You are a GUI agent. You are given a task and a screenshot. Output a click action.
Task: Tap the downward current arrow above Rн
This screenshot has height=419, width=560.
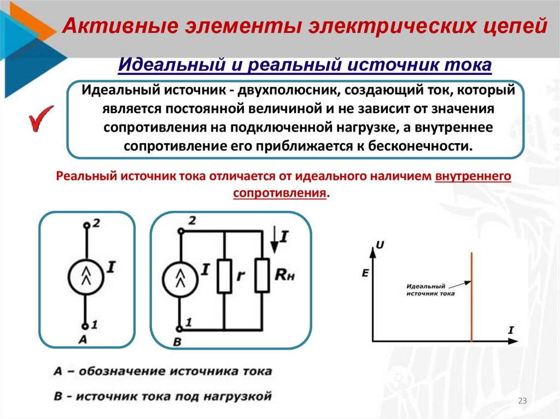tap(274, 241)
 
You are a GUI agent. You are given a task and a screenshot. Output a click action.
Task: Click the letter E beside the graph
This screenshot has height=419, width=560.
tap(365, 274)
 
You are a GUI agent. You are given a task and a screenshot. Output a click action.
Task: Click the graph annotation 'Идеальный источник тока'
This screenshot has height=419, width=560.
tap(430, 290)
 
